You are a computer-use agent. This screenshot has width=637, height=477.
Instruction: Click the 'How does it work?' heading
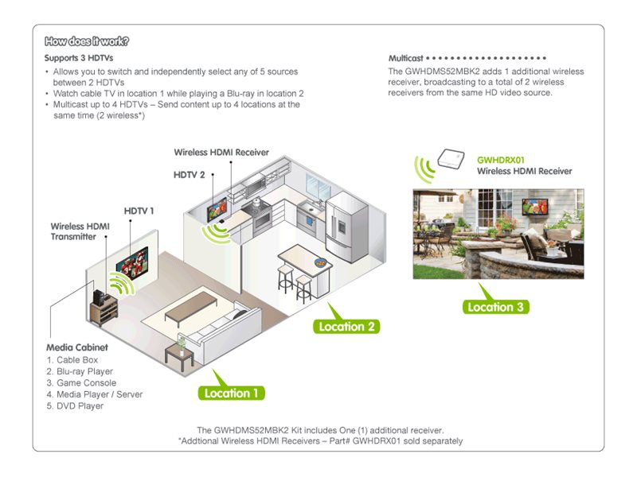[x=87, y=41]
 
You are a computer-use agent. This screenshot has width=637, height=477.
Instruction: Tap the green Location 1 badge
[x=231, y=393]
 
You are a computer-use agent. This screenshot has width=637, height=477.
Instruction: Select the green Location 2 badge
[x=346, y=327]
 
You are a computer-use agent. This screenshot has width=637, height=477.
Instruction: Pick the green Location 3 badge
[x=495, y=307]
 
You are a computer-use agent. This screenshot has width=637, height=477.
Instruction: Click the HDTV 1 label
[x=139, y=211]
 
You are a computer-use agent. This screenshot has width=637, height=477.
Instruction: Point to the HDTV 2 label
[x=189, y=175]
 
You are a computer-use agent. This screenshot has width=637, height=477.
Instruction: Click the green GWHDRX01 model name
[x=501, y=161]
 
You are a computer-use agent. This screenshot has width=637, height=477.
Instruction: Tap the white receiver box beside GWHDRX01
[x=451, y=158]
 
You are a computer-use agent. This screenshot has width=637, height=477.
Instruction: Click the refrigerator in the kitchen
[x=346, y=226]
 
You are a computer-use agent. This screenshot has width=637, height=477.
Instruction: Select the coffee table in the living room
[x=191, y=308]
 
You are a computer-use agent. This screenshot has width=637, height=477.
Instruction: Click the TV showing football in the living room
[x=132, y=263]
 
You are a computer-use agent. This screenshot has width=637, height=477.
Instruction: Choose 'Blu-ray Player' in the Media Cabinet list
[x=85, y=371]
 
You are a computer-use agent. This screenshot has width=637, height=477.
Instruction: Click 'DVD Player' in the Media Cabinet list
[x=80, y=406]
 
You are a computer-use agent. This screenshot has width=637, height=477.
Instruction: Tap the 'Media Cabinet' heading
[x=77, y=347]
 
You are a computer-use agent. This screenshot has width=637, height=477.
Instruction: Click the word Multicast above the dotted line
[x=406, y=58]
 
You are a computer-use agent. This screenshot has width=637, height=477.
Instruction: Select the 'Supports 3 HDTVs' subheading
[x=79, y=58]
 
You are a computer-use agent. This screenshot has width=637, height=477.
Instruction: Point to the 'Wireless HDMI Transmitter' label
[x=80, y=231]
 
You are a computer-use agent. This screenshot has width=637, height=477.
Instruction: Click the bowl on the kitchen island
[x=321, y=263]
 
